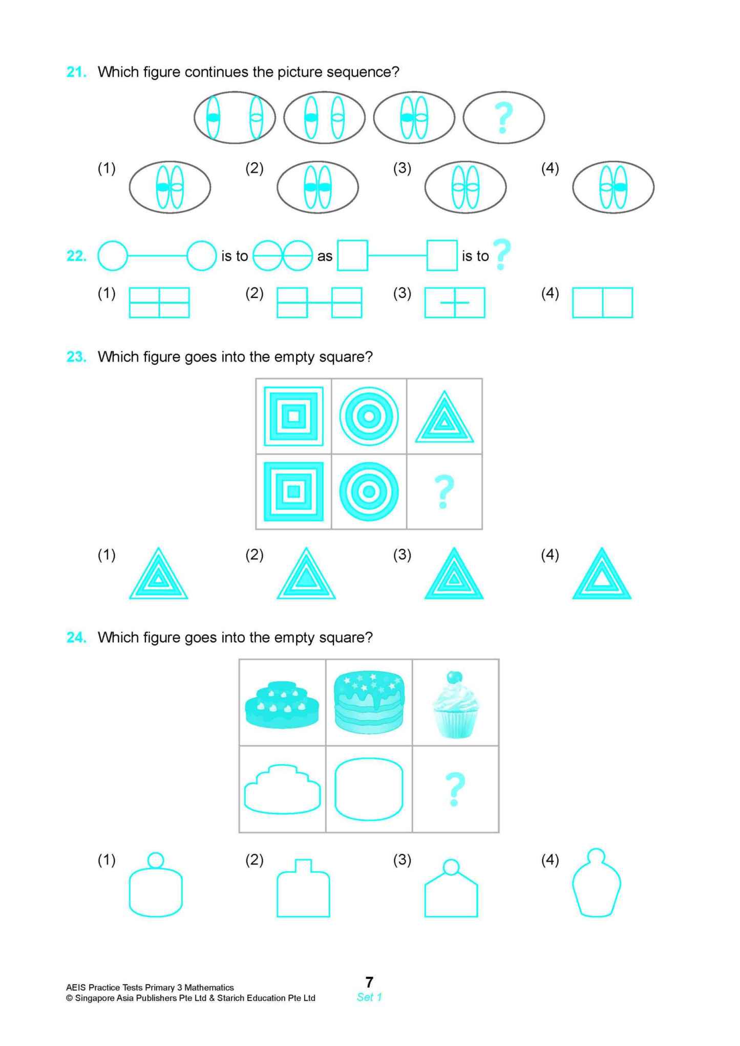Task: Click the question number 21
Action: coord(76,72)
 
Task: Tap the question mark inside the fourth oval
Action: coord(503,118)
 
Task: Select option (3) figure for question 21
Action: coord(465,187)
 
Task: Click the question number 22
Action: coord(76,256)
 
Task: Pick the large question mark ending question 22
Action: coord(502,254)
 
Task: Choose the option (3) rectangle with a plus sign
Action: coord(454,302)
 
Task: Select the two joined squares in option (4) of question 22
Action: coord(602,302)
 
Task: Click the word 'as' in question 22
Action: coord(325,256)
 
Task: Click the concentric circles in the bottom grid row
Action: coord(369,491)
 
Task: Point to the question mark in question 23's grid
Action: coord(444,491)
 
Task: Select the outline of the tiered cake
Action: coord(282,789)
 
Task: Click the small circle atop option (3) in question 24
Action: coord(451,867)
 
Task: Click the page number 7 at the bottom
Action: coord(369,982)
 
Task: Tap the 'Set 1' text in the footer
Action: coord(369,997)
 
